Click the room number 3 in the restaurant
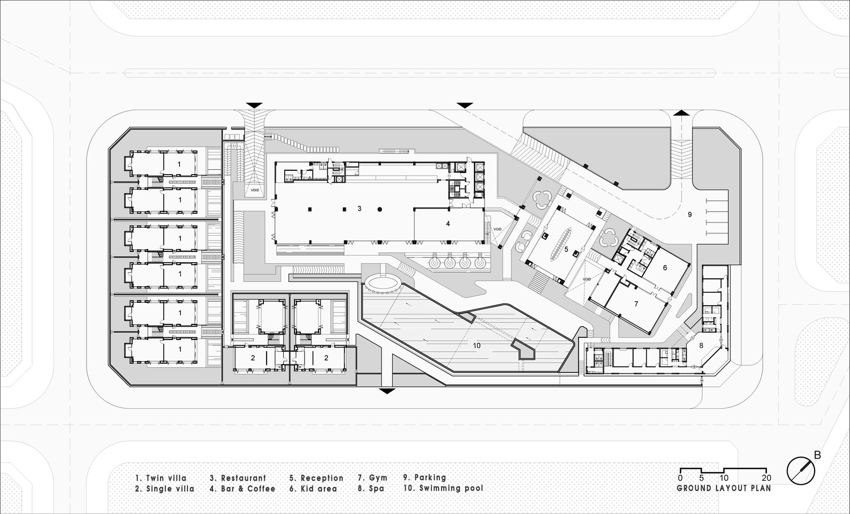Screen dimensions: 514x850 point(359,208)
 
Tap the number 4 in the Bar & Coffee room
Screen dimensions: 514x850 point(448,224)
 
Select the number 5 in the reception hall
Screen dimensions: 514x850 point(566,249)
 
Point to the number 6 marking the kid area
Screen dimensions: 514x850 point(665,267)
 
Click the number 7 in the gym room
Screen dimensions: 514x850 point(636,304)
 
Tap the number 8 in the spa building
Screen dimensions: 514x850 point(701,346)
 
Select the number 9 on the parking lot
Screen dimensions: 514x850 point(689,214)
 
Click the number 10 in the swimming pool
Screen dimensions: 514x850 point(477,345)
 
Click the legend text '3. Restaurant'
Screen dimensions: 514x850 point(237,478)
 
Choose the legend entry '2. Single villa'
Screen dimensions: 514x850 point(165,489)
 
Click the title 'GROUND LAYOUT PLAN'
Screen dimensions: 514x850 point(723,488)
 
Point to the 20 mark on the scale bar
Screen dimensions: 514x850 point(767,478)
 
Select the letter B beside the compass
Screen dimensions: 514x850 point(817,455)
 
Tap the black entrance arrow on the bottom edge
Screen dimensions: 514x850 point(386,390)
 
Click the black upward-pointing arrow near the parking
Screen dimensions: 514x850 point(681,112)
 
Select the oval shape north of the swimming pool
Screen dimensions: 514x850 point(381,283)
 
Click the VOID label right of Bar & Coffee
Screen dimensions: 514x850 point(497,229)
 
